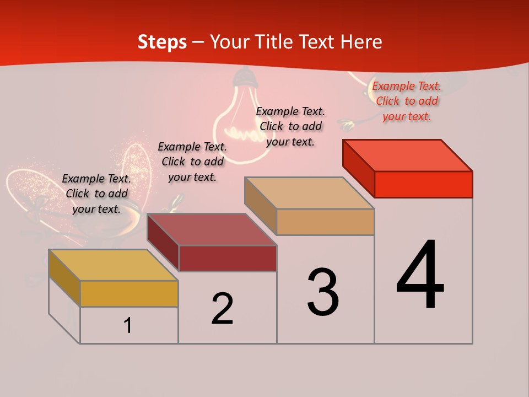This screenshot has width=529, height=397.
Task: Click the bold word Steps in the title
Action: [162, 42]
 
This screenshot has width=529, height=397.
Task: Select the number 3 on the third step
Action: [323, 292]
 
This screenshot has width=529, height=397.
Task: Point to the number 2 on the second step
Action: [222, 308]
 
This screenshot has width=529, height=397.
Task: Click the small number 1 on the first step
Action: [128, 325]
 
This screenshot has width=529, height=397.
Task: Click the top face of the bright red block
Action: [408, 155]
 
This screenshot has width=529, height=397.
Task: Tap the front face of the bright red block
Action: [423, 184]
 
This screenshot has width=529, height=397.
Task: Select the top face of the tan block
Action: [310, 192]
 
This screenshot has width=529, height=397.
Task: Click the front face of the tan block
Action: [325, 222]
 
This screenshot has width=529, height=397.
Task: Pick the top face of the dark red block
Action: [212, 229]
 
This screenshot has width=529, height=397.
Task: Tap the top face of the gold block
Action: [113, 265]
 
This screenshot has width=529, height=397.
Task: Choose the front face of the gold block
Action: [129, 293]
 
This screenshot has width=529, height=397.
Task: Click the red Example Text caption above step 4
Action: [407, 101]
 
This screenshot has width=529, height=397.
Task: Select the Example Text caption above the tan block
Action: [290, 126]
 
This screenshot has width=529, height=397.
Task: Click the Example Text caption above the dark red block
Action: [192, 162]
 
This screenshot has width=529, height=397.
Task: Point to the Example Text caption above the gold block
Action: [96, 194]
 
